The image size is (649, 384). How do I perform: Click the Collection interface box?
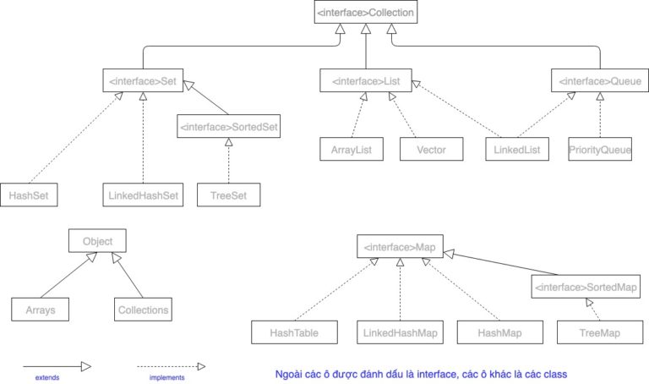365,13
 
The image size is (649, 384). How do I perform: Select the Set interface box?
141,82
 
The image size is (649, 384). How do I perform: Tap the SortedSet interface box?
228,128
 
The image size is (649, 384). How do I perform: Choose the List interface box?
365,82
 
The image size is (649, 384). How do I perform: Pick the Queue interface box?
600,82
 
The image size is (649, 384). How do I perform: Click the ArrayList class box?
352,150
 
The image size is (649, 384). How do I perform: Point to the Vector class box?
431,150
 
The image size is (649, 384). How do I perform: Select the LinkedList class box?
518,150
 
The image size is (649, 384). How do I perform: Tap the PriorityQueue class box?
601,150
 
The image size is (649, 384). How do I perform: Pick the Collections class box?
142,310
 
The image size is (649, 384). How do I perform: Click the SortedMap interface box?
586,288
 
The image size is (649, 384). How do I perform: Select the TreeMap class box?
599,333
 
